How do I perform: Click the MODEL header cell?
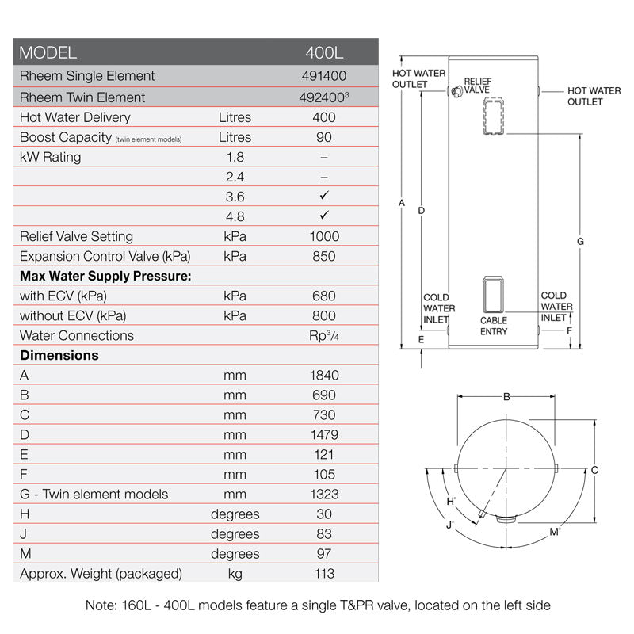[x=48, y=53]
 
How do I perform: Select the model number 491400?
[x=323, y=76]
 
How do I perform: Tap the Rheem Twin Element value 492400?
[x=323, y=97]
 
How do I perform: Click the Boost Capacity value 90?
[x=323, y=137]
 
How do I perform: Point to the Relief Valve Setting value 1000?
[x=323, y=236]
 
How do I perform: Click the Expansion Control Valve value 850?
[x=323, y=256]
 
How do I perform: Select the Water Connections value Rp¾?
[x=323, y=335]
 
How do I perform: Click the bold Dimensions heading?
[x=59, y=355]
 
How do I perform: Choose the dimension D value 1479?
[x=323, y=434]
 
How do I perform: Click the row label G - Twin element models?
[x=94, y=494]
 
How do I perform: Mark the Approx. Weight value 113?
[x=323, y=573]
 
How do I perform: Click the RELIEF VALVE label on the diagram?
[x=477, y=86]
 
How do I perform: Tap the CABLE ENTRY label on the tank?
[x=494, y=326]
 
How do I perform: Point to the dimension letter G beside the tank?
[x=580, y=241]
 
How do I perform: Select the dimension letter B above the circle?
[x=506, y=397]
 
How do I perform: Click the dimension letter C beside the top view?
[x=594, y=470]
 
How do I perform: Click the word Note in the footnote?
[x=101, y=605]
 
